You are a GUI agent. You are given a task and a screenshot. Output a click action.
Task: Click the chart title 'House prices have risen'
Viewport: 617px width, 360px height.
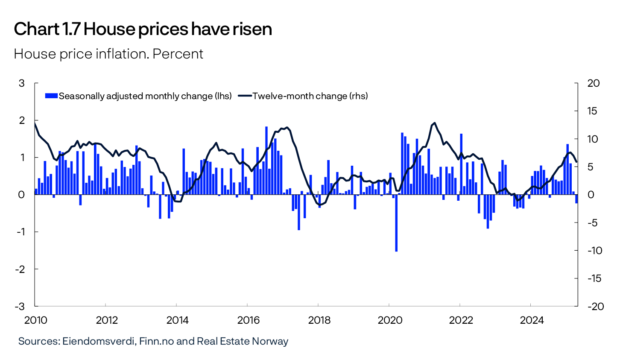pyautogui.click(x=178, y=29)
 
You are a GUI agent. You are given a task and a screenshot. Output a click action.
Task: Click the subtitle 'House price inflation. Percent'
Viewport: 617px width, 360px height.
pyautogui.click(x=108, y=54)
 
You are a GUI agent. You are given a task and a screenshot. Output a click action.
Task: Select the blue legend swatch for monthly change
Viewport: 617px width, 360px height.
pyautogui.click(x=51, y=96)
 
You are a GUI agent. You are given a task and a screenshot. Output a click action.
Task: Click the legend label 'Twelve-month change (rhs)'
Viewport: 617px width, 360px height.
pyautogui.click(x=310, y=96)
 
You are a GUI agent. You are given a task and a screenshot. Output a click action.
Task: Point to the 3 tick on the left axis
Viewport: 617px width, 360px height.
pyautogui.click(x=22, y=83)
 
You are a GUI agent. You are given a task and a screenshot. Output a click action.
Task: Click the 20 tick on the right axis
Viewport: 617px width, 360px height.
pyautogui.click(x=593, y=83)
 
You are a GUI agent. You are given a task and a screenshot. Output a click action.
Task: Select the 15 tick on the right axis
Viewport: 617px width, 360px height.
pyautogui.click(x=593, y=111)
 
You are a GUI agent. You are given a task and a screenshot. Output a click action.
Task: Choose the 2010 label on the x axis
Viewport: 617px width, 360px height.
pyautogui.click(x=36, y=320)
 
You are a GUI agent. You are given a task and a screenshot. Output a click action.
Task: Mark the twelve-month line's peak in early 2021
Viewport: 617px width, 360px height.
pyautogui.click(x=434, y=123)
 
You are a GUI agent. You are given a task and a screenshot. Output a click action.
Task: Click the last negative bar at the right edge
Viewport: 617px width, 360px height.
pyautogui.click(x=576, y=199)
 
